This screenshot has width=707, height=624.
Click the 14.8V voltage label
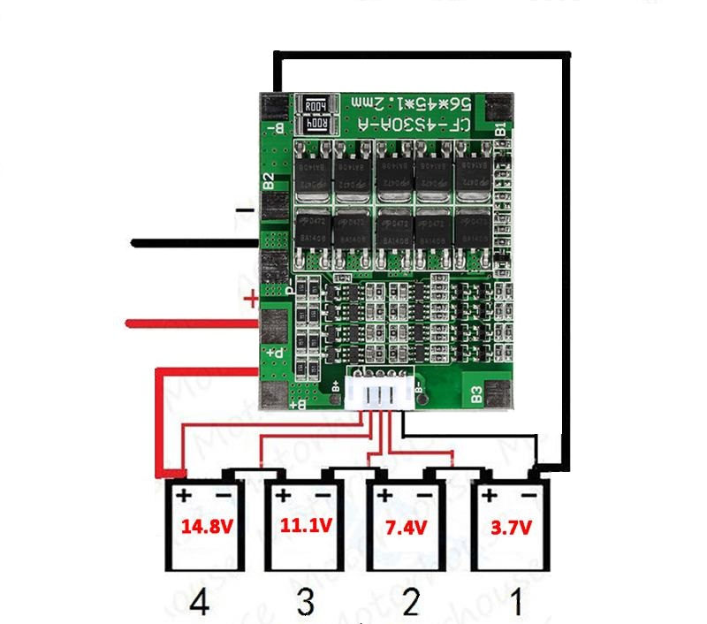(x=207, y=528)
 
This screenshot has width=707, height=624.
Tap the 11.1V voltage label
(x=306, y=526)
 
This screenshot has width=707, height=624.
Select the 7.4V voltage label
(x=405, y=528)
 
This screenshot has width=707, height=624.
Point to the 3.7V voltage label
(x=510, y=528)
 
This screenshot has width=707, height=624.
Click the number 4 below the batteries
(x=200, y=604)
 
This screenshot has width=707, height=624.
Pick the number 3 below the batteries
(x=305, y=604)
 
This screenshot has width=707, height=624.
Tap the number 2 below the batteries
(x=409, y=604)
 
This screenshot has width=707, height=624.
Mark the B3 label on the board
(x=476, y=393)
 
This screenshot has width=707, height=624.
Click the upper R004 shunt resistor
(x=315, y=105)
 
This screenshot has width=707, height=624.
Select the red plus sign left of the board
(x=251, y=300)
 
